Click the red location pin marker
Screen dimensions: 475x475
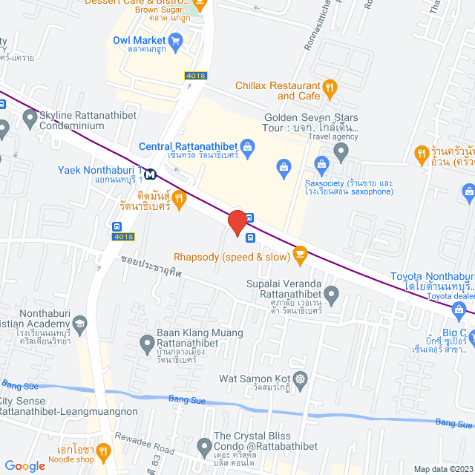click(237, 222)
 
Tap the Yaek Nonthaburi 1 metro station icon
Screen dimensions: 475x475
click(151, 174)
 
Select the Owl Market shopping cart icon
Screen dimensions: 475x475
click(175, 40)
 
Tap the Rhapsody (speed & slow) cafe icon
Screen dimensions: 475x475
click(300, 255)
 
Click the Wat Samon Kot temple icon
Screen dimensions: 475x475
click(300, 379)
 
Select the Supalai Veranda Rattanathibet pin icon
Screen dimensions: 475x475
click(331, 295)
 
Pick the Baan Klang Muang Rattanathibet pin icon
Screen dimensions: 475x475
click(147, 343)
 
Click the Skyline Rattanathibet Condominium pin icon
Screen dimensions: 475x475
click(30, 117)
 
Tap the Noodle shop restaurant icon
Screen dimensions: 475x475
click(103, 449)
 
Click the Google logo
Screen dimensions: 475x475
click(24, 465)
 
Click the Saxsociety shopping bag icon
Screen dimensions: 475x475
click(321, 163)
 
